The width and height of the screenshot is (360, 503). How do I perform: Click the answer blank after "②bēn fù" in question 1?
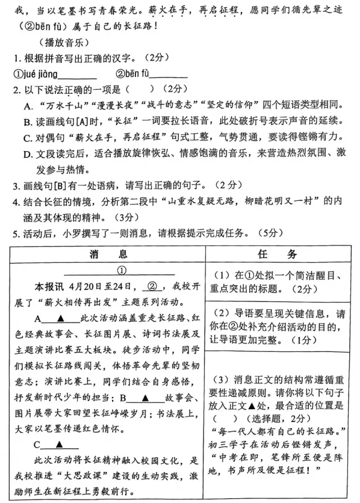[x=169, y=75]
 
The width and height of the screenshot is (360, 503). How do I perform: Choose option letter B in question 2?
[x=28, y=120]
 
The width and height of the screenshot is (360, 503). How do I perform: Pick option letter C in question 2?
[x=28, y=137]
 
